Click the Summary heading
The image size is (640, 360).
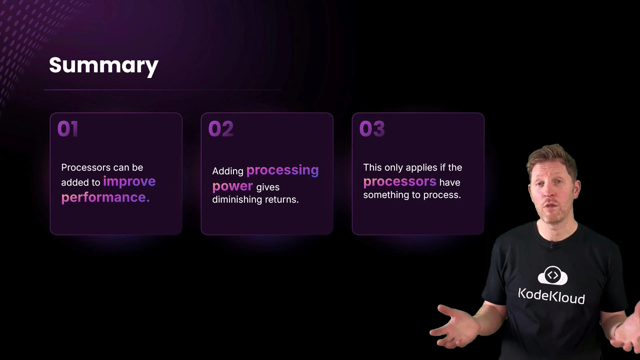(x=104, y=65)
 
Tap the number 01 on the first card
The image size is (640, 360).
(x=68, y=129)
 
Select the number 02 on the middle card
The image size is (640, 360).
(x=221, y=129)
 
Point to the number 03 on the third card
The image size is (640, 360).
(x=372, y=129)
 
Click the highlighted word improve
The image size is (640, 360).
(x=129, y=181)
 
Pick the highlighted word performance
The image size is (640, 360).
(x=105, y=197)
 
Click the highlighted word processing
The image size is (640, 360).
(x=282, y=170)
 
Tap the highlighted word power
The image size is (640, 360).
(x=232, y=186)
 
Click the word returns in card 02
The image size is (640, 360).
(x=281, y=199)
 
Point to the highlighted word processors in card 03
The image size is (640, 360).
(x=400, y=182)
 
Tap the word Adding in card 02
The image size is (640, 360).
(x=228, y=171)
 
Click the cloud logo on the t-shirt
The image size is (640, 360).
(x=552, y=276)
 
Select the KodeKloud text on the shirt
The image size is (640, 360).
(x=551, y=296)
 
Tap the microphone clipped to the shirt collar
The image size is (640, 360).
(x=551, y=245)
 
